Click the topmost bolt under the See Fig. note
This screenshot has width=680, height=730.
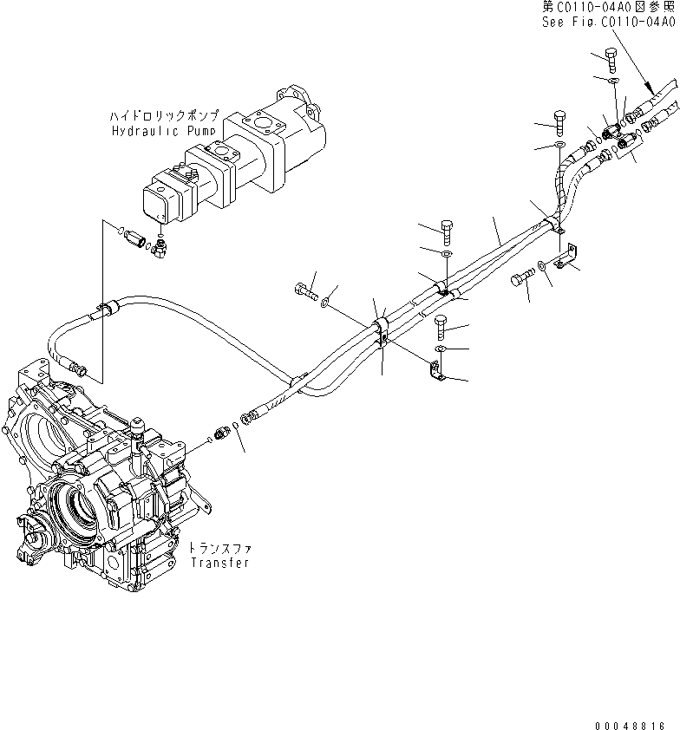[x=609, y=62]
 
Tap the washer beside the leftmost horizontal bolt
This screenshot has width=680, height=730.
[x=325, y=303]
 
